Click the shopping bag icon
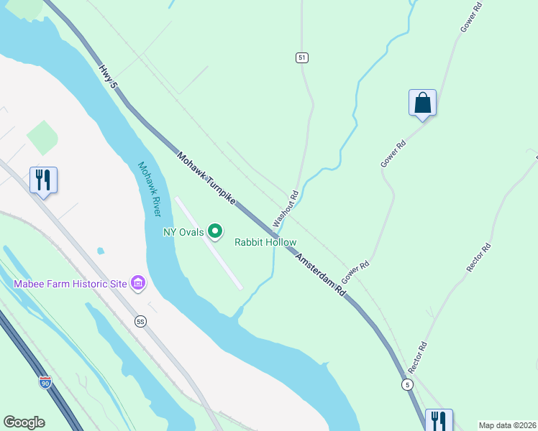[422, 103]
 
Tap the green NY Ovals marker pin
[214, 231]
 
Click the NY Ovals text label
[183, 231]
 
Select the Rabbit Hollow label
[265, 242]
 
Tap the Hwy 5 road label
[108, 75]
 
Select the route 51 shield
[302, 57]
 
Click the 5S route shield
[140, 321]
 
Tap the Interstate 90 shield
[45, 383]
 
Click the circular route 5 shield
[407, 386]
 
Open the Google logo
[24, 422]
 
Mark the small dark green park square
[42, 136]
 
